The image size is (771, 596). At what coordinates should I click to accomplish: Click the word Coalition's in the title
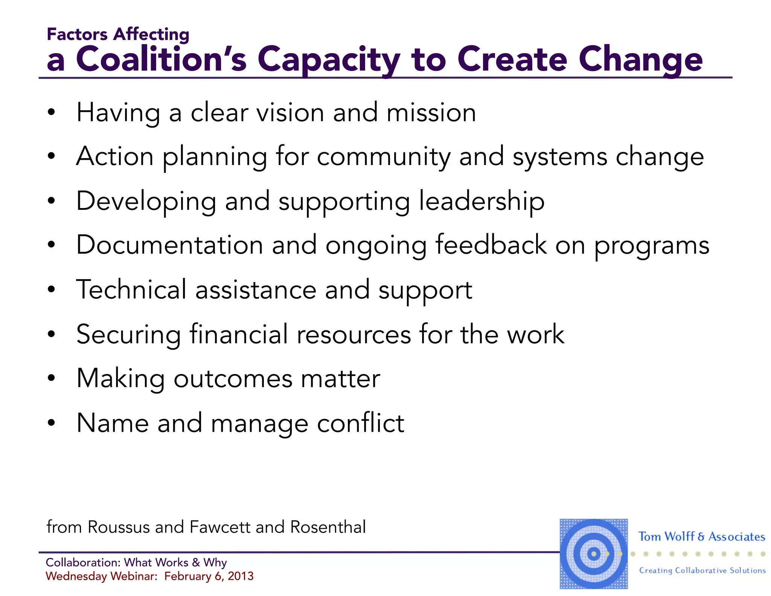tap(161, 59)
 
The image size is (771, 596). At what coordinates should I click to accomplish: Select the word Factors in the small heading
tap(77, 34)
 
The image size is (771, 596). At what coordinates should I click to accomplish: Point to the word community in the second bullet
tap(384, 157)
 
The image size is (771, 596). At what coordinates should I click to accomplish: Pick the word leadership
tap(481, 201)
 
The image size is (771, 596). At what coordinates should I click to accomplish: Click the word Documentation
tap(169, 245)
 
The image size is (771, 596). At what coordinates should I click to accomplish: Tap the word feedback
tap(491, 245)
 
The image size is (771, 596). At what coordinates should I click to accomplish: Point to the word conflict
tap(360, 423)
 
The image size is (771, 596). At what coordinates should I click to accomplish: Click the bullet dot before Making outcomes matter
tap(52, 378)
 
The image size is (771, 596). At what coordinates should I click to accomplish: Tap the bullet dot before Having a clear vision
tap(52, 112)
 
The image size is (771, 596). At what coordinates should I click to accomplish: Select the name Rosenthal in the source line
tap(328, 527)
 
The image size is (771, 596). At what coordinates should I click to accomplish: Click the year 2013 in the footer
tap(241, 576)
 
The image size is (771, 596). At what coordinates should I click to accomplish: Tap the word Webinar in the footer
tap(133, 576)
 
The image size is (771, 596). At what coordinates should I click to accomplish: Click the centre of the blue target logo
tap(594, 554)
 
